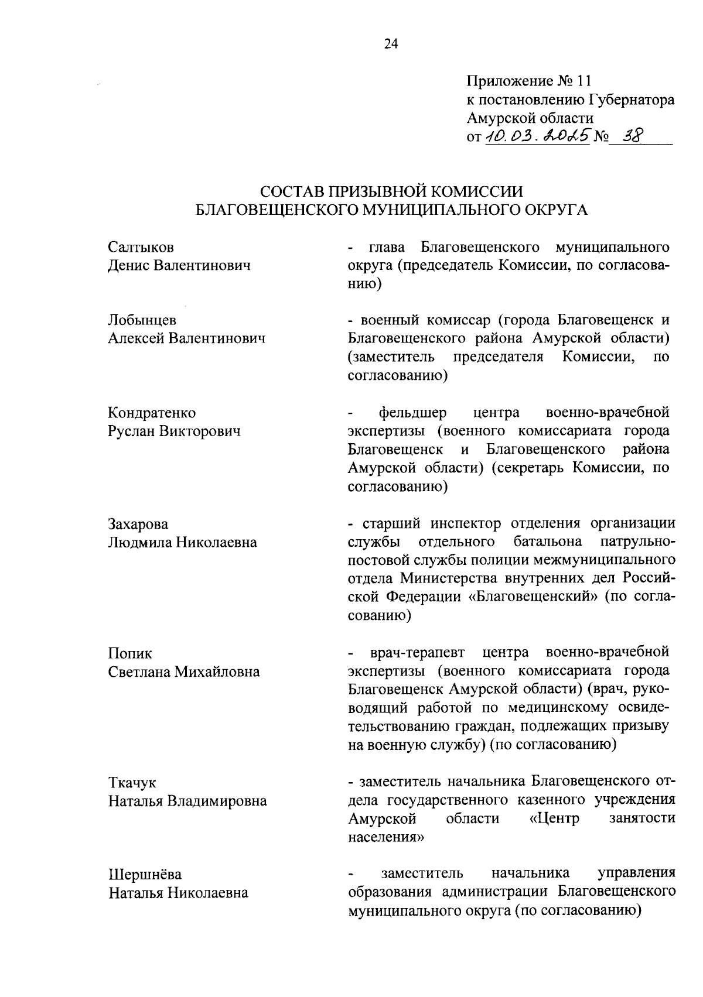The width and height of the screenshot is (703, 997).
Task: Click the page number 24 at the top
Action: [391, 44]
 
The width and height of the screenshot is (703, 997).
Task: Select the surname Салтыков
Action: [141, 246]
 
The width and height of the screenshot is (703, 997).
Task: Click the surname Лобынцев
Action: [142, 320]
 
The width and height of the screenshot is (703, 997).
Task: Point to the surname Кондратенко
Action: [152, 413]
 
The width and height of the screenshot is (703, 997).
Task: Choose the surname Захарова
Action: [138, 523]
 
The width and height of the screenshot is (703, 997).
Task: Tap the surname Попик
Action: [129, 653]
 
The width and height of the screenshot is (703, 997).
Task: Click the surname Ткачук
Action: [132, 782]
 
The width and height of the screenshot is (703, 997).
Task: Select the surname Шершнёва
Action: [145, 874]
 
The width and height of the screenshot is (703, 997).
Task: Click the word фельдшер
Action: [412, 413]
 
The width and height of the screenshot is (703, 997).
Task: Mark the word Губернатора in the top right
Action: [631, 99]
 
